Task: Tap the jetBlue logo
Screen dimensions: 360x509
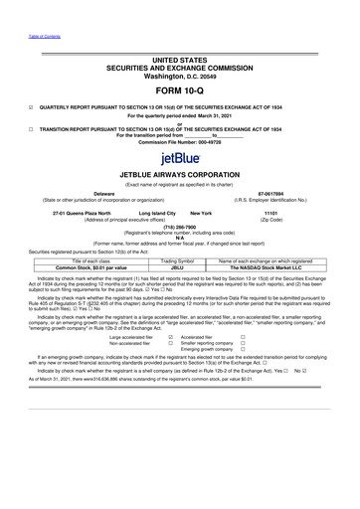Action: point(179,157)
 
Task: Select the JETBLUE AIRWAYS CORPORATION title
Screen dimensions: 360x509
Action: point(179,175)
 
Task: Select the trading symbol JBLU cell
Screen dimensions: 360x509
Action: point(179,267)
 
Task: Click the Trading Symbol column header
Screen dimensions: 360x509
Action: point(179,260)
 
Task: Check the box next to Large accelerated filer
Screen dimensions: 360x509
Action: point(170,338)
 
